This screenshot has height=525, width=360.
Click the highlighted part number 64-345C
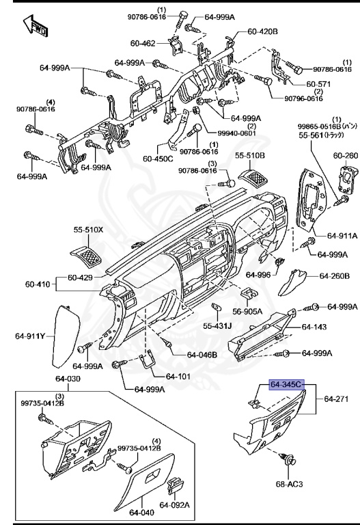tap(286, 386)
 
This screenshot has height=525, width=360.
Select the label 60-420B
tap(262, 31)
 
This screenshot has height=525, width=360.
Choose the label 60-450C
tap(158, 159)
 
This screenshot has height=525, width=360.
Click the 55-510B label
tap(249, 156)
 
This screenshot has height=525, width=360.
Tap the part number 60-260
tap(345, 156)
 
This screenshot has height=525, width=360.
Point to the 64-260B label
tap(335, 276)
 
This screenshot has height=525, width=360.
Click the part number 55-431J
tap(217, 325)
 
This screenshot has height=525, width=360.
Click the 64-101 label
tap(180, 376)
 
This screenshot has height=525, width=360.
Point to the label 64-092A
tap(175, 505)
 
